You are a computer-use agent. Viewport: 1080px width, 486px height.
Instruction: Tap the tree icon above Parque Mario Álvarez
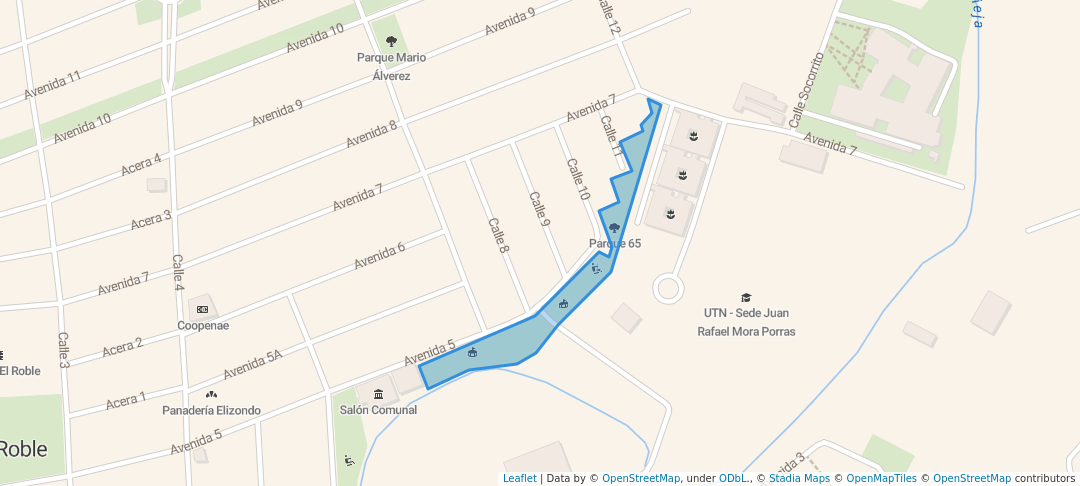click(391, 41)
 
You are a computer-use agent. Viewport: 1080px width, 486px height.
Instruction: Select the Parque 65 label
click(614, 243)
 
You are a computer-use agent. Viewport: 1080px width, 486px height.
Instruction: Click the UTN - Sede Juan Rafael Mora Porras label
click(746, 322)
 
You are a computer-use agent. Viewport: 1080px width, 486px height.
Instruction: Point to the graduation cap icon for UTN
click(745, 297)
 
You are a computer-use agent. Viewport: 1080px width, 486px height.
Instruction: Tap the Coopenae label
click(203, 325)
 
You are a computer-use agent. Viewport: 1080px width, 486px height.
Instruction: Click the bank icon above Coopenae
click(203, 309)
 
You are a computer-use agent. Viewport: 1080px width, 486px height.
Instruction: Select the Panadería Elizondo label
click(212, 410)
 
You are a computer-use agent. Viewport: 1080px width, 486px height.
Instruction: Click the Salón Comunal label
click(378, 410)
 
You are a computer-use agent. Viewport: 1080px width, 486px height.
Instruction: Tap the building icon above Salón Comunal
click(378, 393)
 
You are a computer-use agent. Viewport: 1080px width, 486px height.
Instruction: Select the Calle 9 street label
click(540, 208)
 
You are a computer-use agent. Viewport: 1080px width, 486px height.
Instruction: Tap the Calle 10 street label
click(578, 179)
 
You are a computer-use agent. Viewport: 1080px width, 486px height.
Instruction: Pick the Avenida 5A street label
click(252, 365)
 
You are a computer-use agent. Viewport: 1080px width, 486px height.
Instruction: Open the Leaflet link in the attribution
click(519, 479)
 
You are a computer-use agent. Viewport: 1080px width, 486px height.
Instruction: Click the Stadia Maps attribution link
click(799, 479)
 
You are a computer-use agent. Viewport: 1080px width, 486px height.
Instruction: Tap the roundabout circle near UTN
click(668, 289)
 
